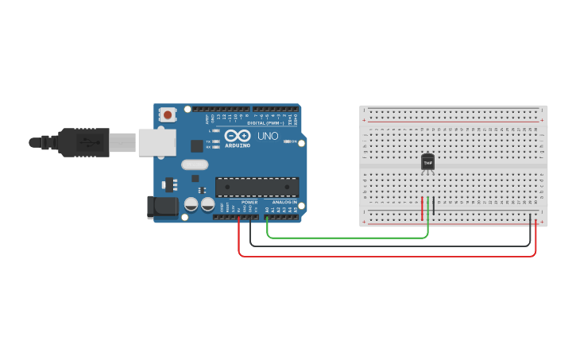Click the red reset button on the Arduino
168,114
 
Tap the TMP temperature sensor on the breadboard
428,162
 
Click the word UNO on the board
268,136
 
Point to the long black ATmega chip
257,187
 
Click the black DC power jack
163,207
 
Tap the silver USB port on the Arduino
158,142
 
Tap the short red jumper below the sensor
423,208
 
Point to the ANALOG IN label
284,202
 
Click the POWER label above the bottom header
249,202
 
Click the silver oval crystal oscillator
195,165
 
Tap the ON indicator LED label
292,141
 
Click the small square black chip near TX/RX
196,146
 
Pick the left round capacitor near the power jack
191,204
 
